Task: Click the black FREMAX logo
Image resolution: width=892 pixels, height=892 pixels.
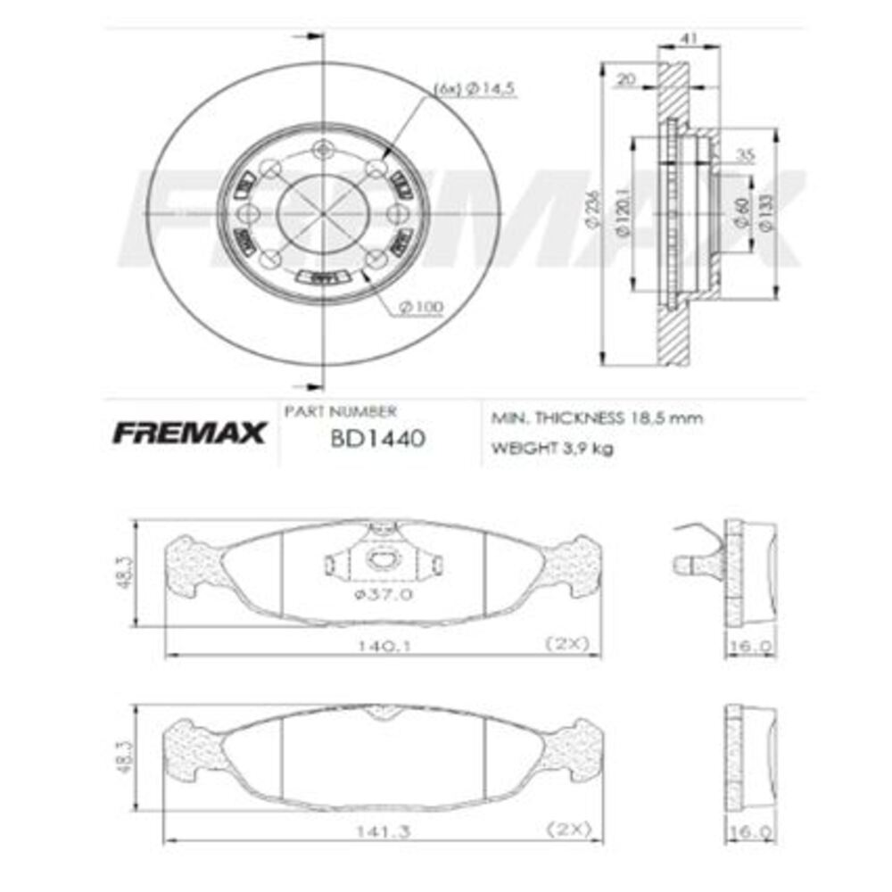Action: (188, 434)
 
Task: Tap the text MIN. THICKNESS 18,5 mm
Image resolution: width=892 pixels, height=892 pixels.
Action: (597, 417)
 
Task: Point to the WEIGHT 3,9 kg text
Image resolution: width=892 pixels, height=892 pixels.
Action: (552, 448)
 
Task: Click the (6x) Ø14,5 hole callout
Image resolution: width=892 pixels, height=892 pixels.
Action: (475, 88)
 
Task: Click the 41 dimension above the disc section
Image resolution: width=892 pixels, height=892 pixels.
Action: (688, 40)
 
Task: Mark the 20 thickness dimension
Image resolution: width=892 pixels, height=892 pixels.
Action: (626, 79)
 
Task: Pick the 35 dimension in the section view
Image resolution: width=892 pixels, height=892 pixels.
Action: (745, 155)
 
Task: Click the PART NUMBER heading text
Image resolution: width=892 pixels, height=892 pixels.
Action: (340, 411)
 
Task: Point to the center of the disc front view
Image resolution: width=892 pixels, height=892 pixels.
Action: (320, 213)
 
